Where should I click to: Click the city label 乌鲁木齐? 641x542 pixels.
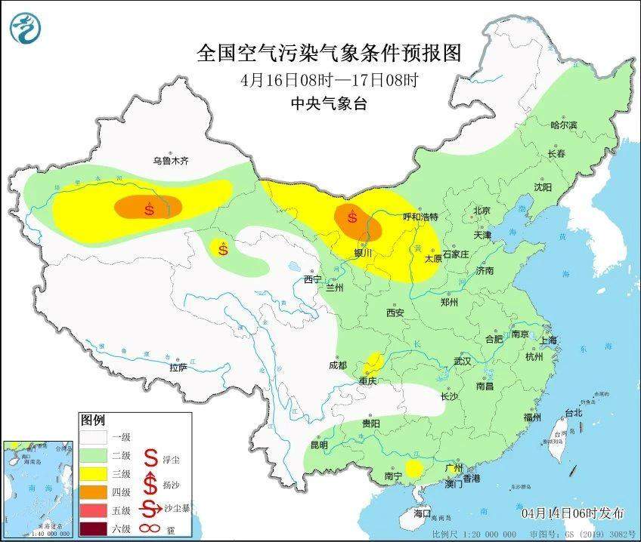[x=170, y=161]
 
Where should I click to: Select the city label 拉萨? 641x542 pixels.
[x=178, y=368]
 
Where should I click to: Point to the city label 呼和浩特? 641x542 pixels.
[x=419, y=217]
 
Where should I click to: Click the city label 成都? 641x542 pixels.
[x=338, y=365]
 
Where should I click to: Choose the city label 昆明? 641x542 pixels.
[x=318, y=445]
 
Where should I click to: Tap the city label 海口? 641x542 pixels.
[x=423, y=513]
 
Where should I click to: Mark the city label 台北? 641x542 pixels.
[x=574, y=413]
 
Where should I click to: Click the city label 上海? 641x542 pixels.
[x=547, y=340]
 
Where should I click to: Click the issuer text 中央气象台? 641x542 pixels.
[x=328, y=104]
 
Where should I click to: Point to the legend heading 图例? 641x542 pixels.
[x=93, y=420]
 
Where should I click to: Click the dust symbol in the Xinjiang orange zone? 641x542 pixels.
[x=149, y=209]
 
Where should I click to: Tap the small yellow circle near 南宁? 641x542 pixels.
[x=413, y=469]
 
